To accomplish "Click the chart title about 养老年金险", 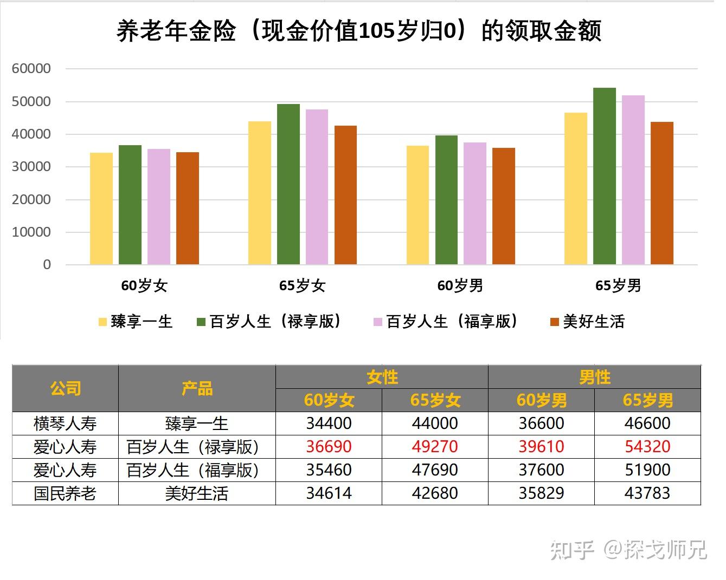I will point(359,31).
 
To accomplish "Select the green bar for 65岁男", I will point(604,176).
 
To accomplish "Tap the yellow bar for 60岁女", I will point(101,208).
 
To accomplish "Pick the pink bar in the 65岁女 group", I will point(317,187).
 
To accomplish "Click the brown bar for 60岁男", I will point(503,206).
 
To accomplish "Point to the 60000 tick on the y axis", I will point(31,69).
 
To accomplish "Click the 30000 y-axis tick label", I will point(31,167).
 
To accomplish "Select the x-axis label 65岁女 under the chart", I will point(302,285).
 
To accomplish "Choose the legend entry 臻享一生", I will point(136,322).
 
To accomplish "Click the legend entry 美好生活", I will point(588,322).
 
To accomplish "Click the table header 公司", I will point(65,388).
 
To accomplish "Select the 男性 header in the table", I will point(594,377).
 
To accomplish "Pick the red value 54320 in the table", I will point(647,447).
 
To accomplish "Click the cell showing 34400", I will point(329,423).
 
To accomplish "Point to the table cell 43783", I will point(647,493).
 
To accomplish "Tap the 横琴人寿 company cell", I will point(65,423).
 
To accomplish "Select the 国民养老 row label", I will point(65,493).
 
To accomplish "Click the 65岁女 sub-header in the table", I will point(435,400).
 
